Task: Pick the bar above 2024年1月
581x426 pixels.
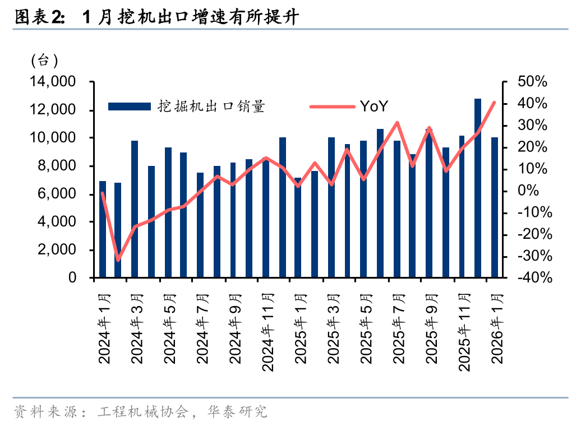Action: (103, 229)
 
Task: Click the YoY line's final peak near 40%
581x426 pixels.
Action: (494, 103)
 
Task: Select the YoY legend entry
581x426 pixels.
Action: (373, 106)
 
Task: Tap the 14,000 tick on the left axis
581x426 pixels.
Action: (53, 82)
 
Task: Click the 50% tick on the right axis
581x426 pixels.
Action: (532, 82)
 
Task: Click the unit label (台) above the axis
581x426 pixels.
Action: (44, 59)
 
